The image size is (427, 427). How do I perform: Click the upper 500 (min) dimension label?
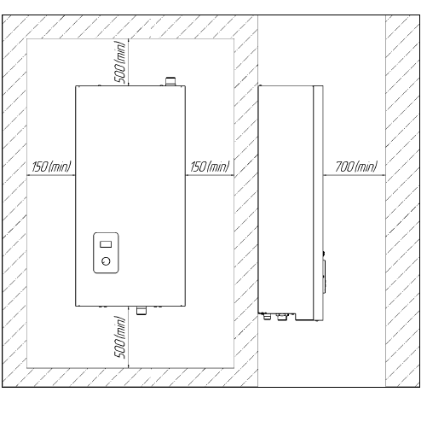click(x=119, y=62)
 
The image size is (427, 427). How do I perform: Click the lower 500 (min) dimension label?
click(x=119, y=337)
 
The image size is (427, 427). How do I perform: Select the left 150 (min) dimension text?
click(x=51, y=167)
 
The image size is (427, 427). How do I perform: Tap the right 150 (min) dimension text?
click(x=210, y=167)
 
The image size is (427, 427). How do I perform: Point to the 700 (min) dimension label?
click(x=356, y=167)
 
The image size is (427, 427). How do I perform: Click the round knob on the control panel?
click(x=106, y=261)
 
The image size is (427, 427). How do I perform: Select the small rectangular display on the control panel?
click(x=106, y=244)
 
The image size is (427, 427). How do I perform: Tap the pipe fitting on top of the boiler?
click(x=170, y=81)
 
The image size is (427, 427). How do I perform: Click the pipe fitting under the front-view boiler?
click(x=141, y=310)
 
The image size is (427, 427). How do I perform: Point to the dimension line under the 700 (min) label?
click(x=355, y=175)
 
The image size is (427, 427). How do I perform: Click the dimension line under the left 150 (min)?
click(x=51, y=175)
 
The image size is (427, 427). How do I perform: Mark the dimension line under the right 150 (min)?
click(x=210, y=175)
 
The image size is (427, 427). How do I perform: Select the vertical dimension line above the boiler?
click(x=129, y=62)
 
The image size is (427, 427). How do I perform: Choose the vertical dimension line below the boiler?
click(x=129, y=337)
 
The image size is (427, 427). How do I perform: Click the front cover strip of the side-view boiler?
click(x=318, y=203)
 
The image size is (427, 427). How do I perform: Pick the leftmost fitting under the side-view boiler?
click(x=267, y=316)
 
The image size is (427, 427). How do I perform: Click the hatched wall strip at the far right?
click(x=402, y=201)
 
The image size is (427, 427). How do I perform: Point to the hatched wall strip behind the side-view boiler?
click(x=246, y=201)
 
